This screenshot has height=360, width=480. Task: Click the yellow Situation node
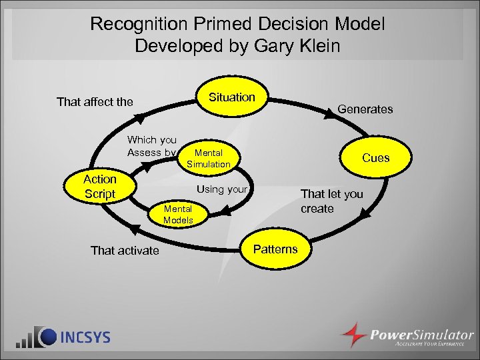click(x=232, y=97)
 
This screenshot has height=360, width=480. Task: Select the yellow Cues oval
click(x=375, y=158)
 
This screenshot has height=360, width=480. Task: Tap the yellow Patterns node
click(x=275, y=249)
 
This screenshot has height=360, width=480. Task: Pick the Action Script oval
click(x=100, y=187)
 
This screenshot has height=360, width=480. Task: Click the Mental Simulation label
click(x=208, y=159)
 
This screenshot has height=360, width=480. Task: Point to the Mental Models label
click(x=178, y=215)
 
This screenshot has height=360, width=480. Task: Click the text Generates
click(x=365, y=109)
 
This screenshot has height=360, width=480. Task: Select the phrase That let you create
click(x=331, y=201)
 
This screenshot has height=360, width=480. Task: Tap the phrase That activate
click(x=125, y=251)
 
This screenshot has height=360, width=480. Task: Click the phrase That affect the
click(x=95, y=102)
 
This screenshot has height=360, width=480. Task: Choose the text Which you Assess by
click(x=151, y=146)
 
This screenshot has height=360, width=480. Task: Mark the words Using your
click(x=222, y=189)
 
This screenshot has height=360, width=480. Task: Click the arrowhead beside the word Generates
click(x=329, y=115)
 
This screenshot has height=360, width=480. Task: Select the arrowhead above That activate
click(x=134, y=230)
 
